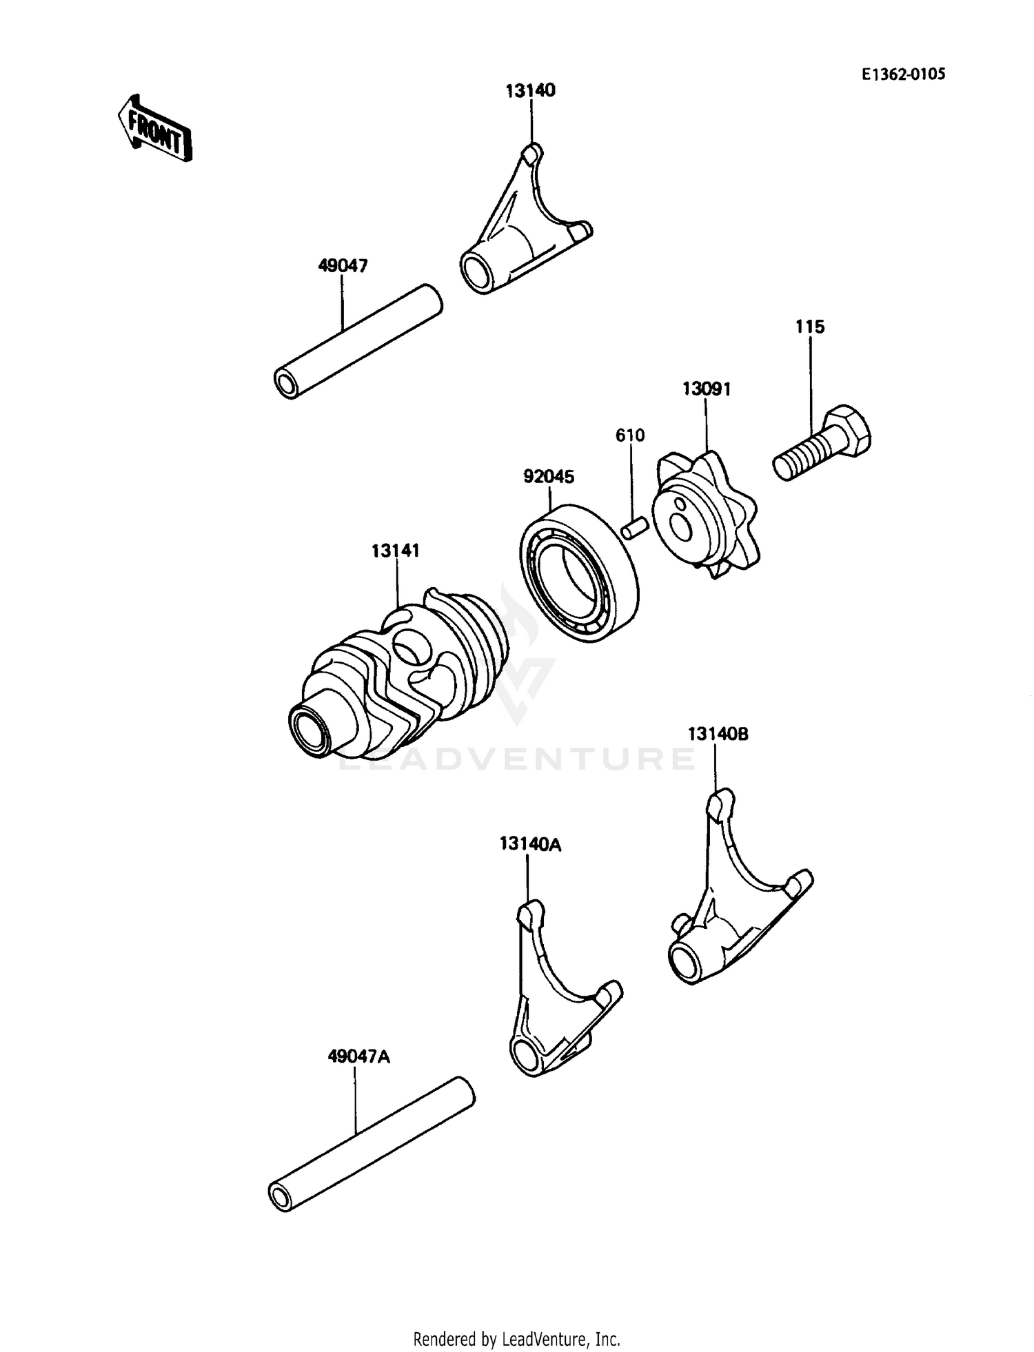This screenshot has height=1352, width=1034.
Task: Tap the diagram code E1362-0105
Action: [903, 74]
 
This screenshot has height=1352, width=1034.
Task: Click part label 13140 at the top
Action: [530, 90]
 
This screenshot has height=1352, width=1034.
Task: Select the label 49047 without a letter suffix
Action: [343, 265]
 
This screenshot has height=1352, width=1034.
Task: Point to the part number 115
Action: [809, 327]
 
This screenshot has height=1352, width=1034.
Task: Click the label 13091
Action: [707, 389]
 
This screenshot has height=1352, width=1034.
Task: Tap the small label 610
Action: [630, 435]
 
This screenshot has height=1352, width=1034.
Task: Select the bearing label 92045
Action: [549, 476]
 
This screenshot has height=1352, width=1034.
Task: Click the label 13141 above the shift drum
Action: [396, 551]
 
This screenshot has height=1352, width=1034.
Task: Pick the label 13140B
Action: [718, 734]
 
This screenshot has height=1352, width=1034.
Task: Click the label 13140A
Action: [530, 843]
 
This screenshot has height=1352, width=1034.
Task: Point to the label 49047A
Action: [358, 1056]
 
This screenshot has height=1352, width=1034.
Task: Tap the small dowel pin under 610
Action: [633, 529]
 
